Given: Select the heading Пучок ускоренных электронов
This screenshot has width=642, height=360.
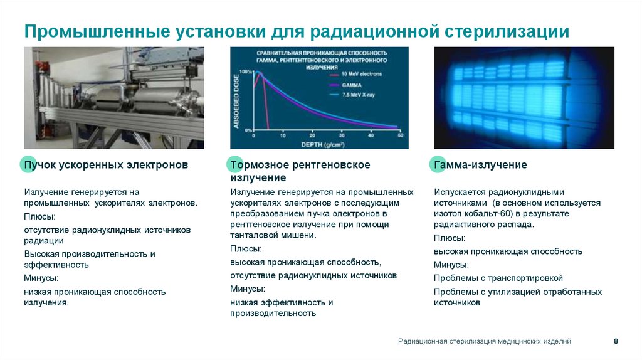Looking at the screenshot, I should [105, 165].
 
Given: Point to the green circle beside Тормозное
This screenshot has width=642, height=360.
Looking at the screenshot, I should [234, 165].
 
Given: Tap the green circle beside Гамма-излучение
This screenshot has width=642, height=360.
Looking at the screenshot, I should [438, 165].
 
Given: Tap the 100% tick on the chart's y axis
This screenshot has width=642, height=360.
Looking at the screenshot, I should [245, 71].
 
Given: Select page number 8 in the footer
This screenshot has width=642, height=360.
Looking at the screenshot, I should [616, 341].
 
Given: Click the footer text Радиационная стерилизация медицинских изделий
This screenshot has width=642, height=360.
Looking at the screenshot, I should [485, 341].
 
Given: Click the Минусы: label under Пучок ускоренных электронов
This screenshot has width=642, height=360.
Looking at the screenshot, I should [41, 278].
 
